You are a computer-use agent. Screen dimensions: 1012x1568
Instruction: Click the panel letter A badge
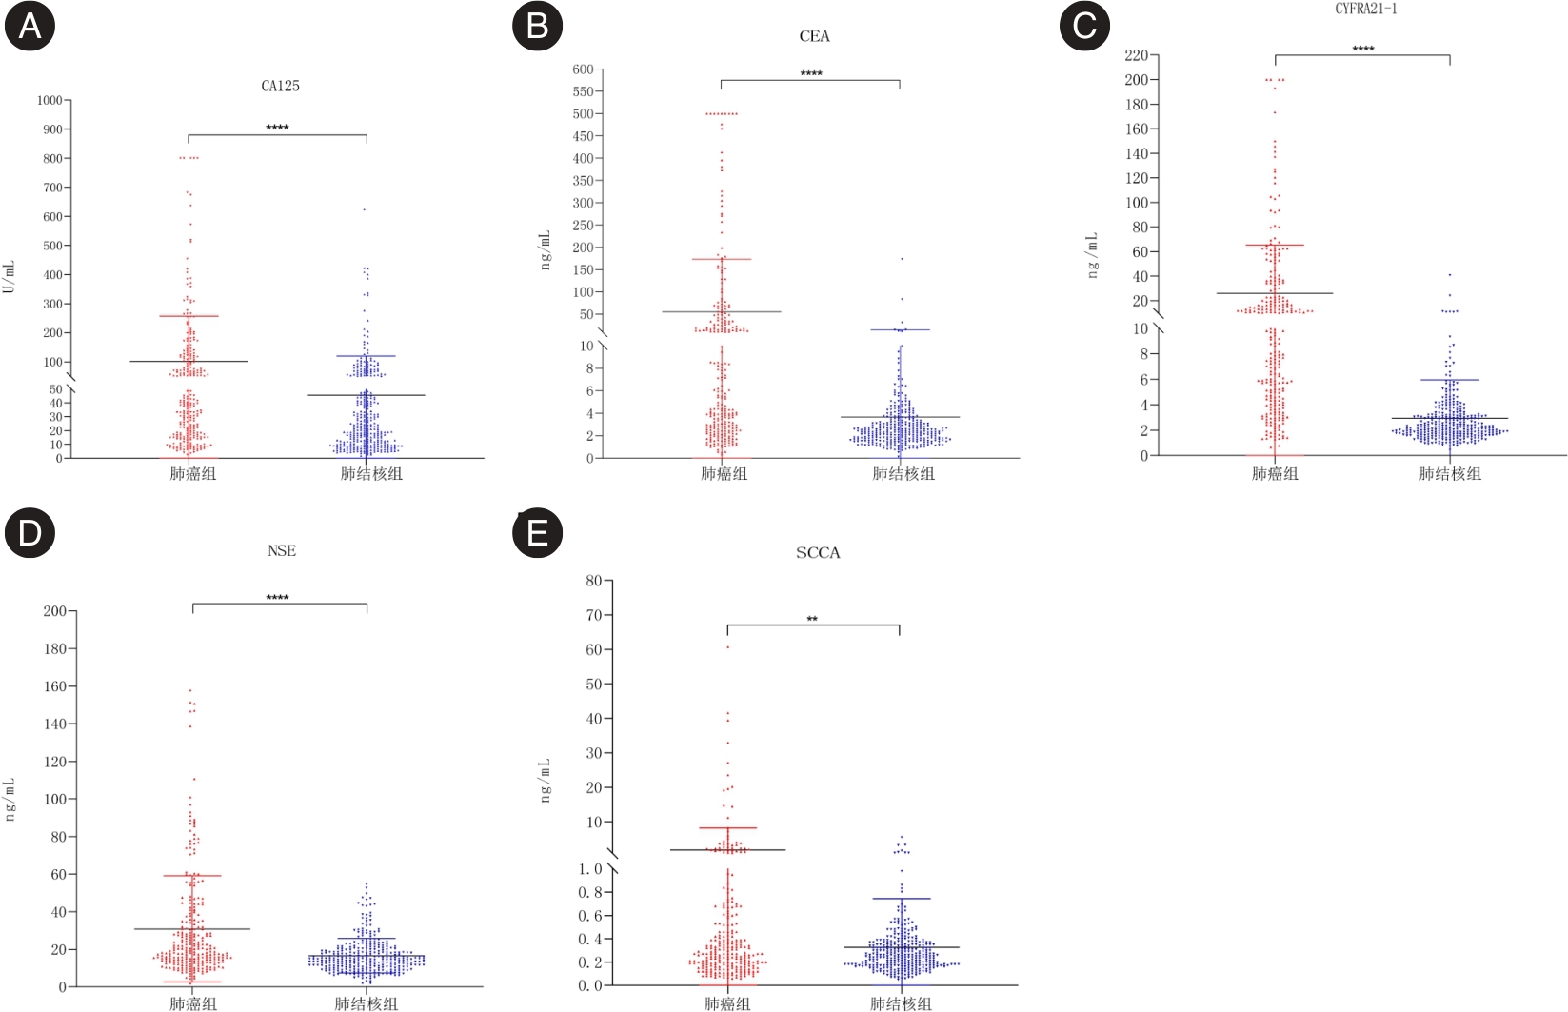tap(30, 26)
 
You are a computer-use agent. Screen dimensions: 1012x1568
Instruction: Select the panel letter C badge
tap(1084, 26)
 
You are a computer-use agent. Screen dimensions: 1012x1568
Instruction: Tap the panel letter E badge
tap(537, 532)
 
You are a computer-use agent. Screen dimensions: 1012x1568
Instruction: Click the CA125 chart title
tap(281, 86)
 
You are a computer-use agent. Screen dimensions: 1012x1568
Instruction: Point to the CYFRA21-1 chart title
tap(1365, 9)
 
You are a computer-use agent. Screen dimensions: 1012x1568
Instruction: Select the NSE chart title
tap(282, 551)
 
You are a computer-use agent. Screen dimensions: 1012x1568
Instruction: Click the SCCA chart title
tap(818, 553)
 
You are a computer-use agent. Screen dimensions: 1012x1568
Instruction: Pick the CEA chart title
tap(814, 36)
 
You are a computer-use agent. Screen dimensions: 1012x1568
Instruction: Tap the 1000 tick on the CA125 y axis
tap(50, 100)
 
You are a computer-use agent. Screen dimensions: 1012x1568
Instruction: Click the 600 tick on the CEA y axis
tap(583, 69)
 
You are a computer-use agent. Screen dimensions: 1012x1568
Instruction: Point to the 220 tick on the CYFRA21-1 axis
tap(1136, 55)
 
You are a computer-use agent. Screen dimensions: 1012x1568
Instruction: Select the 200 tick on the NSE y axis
tap(54, 611)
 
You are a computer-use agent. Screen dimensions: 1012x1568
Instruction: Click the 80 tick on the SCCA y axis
tap(593, 581)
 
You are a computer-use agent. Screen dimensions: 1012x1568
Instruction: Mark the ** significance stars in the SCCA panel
tap(812, 619)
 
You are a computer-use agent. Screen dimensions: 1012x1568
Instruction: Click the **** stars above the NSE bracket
tap(277, 598)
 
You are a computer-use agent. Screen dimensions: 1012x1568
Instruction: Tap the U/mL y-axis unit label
tap(10, 277)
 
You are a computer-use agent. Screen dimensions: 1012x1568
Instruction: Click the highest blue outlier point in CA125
tap(364, 209)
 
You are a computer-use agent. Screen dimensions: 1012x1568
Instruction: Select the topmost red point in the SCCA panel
tap(728, 647)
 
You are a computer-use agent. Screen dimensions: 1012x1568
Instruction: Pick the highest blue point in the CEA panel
tap(902, 259)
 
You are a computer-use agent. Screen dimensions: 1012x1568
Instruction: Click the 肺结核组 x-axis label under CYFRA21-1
tap(1449, 473)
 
